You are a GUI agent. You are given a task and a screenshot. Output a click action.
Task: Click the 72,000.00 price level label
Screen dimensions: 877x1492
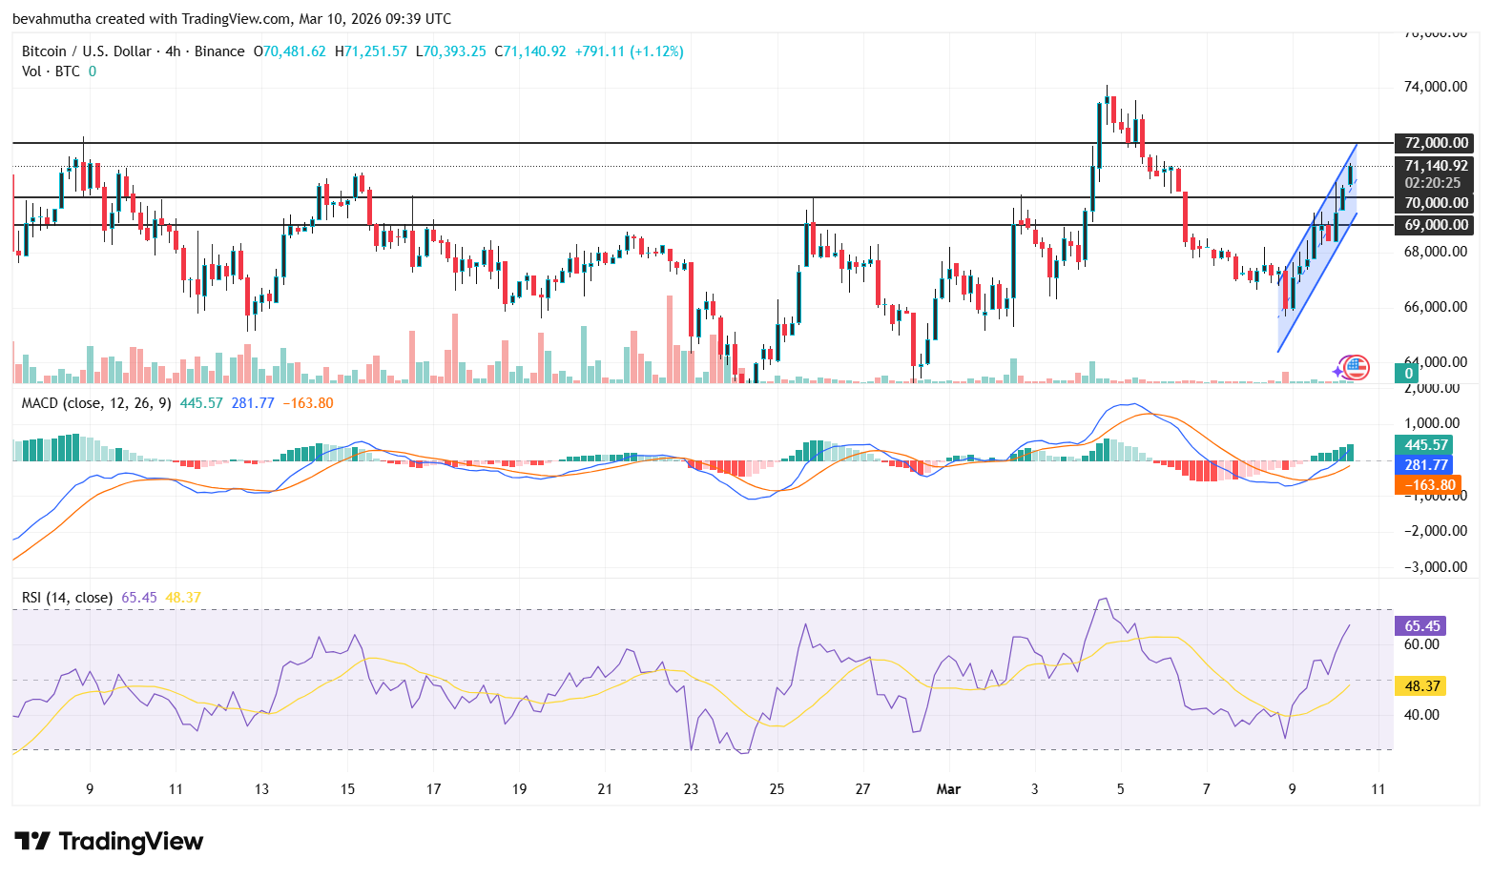click(1434, 143)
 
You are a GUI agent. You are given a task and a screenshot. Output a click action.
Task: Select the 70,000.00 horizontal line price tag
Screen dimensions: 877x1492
click(1434, 202)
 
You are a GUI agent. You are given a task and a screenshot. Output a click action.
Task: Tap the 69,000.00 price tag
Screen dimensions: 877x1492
click(1434, 225)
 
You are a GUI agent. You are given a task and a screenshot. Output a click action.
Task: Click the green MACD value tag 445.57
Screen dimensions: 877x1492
click(1425, 445)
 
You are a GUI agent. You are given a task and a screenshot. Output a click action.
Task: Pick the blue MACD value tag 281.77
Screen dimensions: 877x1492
click(1425, 465)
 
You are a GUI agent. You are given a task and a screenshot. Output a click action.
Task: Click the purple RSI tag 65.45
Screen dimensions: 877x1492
click(1420, 626)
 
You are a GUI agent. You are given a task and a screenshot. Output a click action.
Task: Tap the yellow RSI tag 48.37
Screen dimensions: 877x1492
click(1420, 686)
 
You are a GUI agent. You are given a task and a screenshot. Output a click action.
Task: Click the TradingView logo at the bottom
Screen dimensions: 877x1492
click(109, 841)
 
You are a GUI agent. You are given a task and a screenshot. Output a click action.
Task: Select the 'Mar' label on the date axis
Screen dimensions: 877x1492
click(948, 789)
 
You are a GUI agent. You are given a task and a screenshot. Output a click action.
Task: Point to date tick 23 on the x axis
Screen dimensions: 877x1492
click(691, 789)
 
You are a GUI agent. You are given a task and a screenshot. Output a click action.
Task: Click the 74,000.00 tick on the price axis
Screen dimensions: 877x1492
click(1435, 87)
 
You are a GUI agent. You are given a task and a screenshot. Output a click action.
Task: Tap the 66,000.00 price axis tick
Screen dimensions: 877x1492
click(1435, 307)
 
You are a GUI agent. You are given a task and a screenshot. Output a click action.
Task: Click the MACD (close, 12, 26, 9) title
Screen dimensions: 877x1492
click(96, 403)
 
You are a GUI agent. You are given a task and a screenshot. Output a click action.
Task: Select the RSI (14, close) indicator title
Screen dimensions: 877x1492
click(67, 598)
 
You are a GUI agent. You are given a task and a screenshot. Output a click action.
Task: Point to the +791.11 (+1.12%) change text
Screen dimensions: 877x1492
click(629, 51)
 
